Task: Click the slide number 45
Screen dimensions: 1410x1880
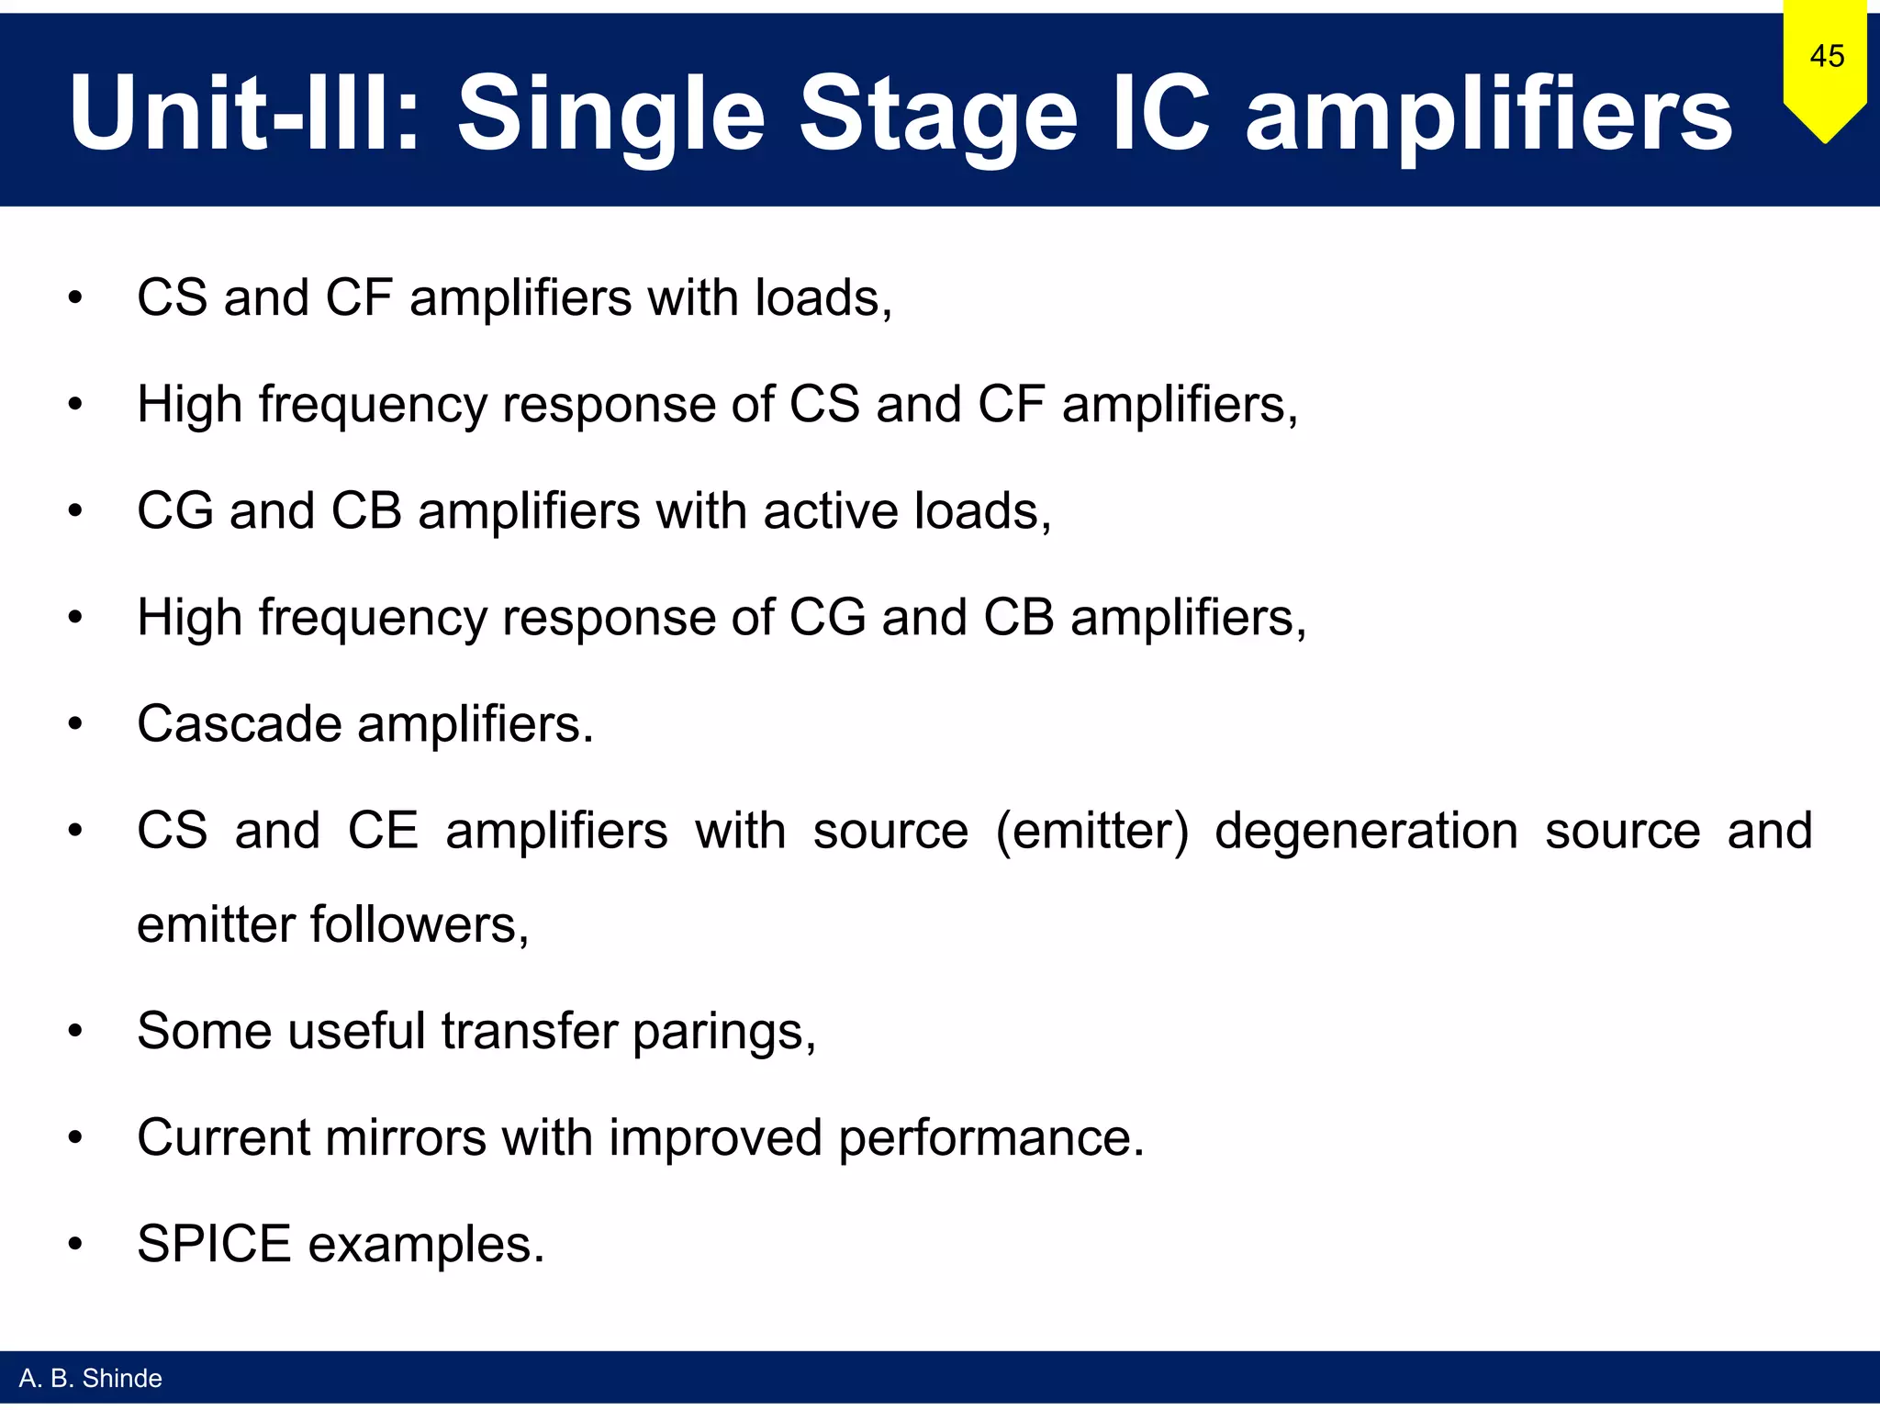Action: click(1826, 56)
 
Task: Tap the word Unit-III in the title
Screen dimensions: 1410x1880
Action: click(243, 114)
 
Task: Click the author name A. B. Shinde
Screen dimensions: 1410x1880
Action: click(90, 1378)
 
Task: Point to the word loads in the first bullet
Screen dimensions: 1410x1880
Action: click(818, 298)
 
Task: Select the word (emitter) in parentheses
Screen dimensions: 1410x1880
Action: click(1091, 832)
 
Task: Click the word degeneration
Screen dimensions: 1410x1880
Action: click(1366, 831)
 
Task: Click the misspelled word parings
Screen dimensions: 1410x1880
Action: click(722, 1033)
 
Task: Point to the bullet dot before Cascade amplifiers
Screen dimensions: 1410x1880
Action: click(75, 724)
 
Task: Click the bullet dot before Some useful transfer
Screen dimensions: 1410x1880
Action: click(75, 1031)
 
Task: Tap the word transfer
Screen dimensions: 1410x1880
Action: click(529, 1031)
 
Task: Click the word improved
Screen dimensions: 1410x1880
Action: click(715, 1138)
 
